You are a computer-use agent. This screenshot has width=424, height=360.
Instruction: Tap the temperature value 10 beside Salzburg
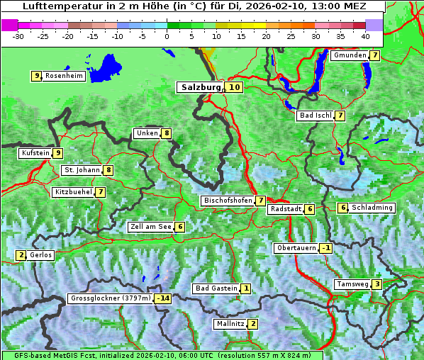point(235,87)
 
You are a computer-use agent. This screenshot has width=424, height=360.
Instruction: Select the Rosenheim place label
point(64,76)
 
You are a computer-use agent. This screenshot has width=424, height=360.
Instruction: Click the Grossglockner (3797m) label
point(111,298)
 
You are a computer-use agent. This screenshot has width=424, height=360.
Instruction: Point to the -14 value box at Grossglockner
point(164,298)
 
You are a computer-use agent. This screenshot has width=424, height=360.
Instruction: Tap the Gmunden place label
point(350,55)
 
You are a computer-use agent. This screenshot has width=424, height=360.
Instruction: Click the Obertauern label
point(296,248)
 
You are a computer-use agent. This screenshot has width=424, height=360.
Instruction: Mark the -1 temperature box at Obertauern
point(325,248)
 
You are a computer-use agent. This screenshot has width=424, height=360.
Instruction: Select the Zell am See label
point(151,227)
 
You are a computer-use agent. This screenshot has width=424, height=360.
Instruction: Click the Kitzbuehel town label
point(73,192)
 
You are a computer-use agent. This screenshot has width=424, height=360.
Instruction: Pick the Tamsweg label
point(352,284)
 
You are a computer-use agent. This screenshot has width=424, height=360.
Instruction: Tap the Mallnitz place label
point(230,324)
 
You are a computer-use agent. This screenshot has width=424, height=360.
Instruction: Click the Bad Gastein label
point(216,288)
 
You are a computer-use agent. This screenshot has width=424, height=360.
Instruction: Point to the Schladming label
point(372,208)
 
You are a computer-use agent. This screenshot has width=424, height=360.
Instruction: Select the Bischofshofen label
point(228,201)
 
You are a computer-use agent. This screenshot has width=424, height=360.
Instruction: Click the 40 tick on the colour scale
point(364,36)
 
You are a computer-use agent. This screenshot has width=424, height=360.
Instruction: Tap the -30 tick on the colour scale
point(18,36)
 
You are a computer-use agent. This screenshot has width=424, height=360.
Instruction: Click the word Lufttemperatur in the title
point(54,6)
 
